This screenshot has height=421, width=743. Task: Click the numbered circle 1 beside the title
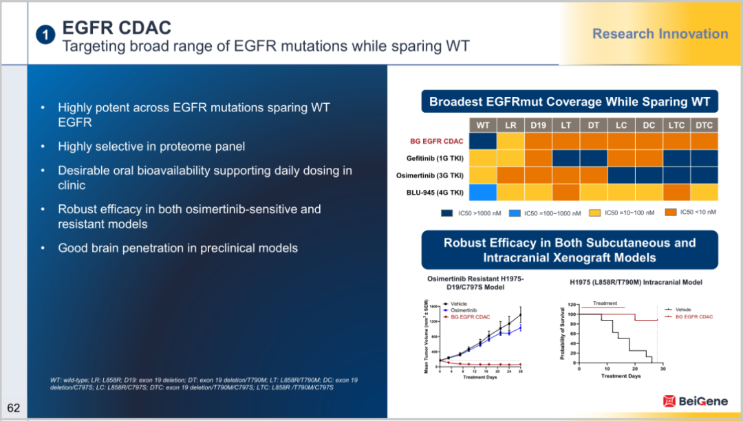point(45,35)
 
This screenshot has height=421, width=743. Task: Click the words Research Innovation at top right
point(660,34)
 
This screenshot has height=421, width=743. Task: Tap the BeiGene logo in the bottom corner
point(693,400)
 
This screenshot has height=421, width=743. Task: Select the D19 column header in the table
point(538,125)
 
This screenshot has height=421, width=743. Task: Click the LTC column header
point(676,125)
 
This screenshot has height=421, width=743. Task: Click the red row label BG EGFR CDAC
point(436,141)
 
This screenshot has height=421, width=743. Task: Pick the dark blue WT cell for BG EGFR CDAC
point(483,141)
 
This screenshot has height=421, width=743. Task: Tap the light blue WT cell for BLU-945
point(483,192)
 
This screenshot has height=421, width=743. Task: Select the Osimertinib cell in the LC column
point(621,175)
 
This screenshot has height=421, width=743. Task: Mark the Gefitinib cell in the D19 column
point(538,158)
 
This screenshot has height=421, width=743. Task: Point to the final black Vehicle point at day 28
point(521,314)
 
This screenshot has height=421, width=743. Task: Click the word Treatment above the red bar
point(605,303)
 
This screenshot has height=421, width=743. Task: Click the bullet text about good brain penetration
point(177,248)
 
